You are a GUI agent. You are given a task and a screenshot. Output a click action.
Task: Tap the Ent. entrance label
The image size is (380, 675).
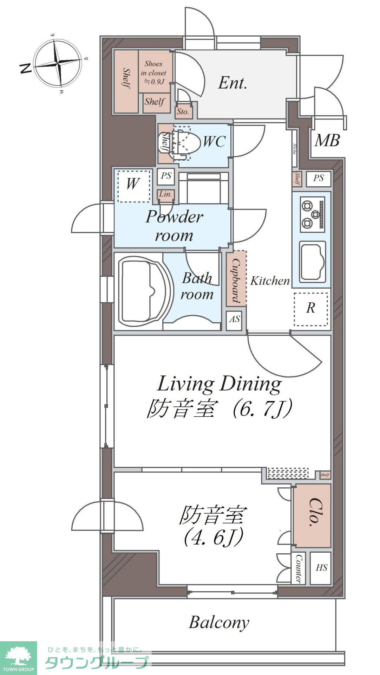232,83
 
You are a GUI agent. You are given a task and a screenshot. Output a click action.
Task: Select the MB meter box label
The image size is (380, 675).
327,140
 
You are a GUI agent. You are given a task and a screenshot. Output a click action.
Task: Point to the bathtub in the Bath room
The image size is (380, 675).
142,291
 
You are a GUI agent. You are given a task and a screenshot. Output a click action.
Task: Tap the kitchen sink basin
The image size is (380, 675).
312,261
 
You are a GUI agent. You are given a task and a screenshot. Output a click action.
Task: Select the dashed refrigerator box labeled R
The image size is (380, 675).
310,308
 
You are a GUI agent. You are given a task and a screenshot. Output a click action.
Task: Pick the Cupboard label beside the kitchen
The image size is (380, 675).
236,278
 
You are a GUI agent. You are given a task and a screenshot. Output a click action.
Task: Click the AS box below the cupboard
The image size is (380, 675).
234,319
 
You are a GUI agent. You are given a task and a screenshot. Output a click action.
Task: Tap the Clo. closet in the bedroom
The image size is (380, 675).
312,515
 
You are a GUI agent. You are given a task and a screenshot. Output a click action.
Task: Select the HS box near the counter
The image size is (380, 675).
321,567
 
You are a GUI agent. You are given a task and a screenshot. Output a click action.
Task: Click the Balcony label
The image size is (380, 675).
219,623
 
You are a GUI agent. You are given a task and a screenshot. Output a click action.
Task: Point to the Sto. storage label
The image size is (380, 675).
183,112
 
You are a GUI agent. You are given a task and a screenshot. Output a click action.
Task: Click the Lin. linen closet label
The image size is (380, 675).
165,194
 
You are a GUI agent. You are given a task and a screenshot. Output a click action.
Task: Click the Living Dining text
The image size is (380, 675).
219,384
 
